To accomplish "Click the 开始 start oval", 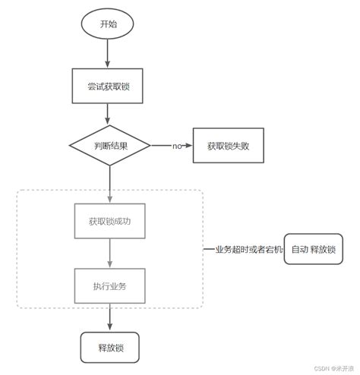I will [x=109, y=24].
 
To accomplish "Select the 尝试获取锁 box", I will [x=109, y=86].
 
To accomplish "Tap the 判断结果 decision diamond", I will [x=109, y=145].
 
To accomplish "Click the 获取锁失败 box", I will [x=229, y=145].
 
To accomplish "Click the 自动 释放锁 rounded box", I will [x=313, y=249].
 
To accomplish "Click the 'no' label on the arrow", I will [x=177, y=145].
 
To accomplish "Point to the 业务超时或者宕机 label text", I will [x=243, y=249].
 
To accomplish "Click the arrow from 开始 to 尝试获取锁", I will [x=109, y=52].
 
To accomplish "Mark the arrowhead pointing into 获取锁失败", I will [x=192, y=145].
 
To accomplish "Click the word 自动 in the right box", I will [x=299, y=249].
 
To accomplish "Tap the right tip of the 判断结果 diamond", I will [x=150, y=145].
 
